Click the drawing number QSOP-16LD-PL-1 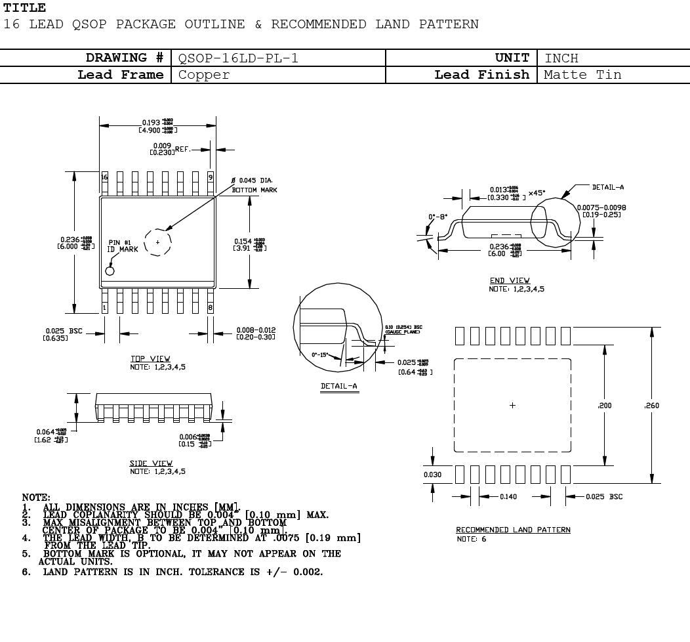coord(238,58)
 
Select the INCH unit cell coord(561,58)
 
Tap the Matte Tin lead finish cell coord(582,75)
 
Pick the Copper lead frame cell coord(204,75)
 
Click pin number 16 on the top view coord(104,177)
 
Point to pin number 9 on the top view coord(211,177)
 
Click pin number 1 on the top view coord(104,307)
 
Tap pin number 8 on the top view coord(211,307)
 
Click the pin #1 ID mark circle coord(110,270)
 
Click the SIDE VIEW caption coord(152,463)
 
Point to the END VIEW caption coord(510,281)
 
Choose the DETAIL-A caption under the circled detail coord(338,386)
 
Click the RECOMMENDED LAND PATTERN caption coord(513,530)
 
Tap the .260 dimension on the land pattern coord(652,406)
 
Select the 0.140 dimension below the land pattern coord(508,497)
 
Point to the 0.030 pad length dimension coord(432,475)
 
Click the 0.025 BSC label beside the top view coord(64,331)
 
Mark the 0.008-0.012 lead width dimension coord(256,331)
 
